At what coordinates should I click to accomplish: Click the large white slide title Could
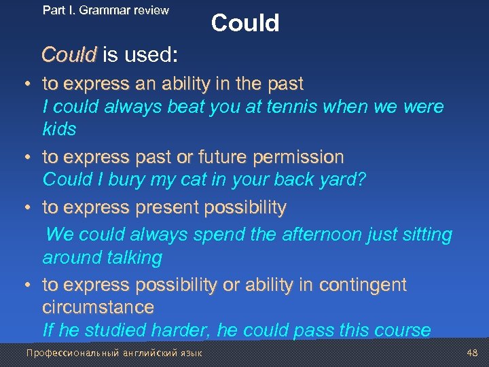[x=244, y=23]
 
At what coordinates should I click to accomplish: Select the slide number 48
[x=473, y=353]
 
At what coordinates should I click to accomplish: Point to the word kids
[x=59, y=129]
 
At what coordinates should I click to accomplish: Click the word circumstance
[x=98, y=307]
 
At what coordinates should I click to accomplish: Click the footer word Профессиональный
[x=71, y=353]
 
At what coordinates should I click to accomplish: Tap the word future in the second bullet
[x=215, y=158]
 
